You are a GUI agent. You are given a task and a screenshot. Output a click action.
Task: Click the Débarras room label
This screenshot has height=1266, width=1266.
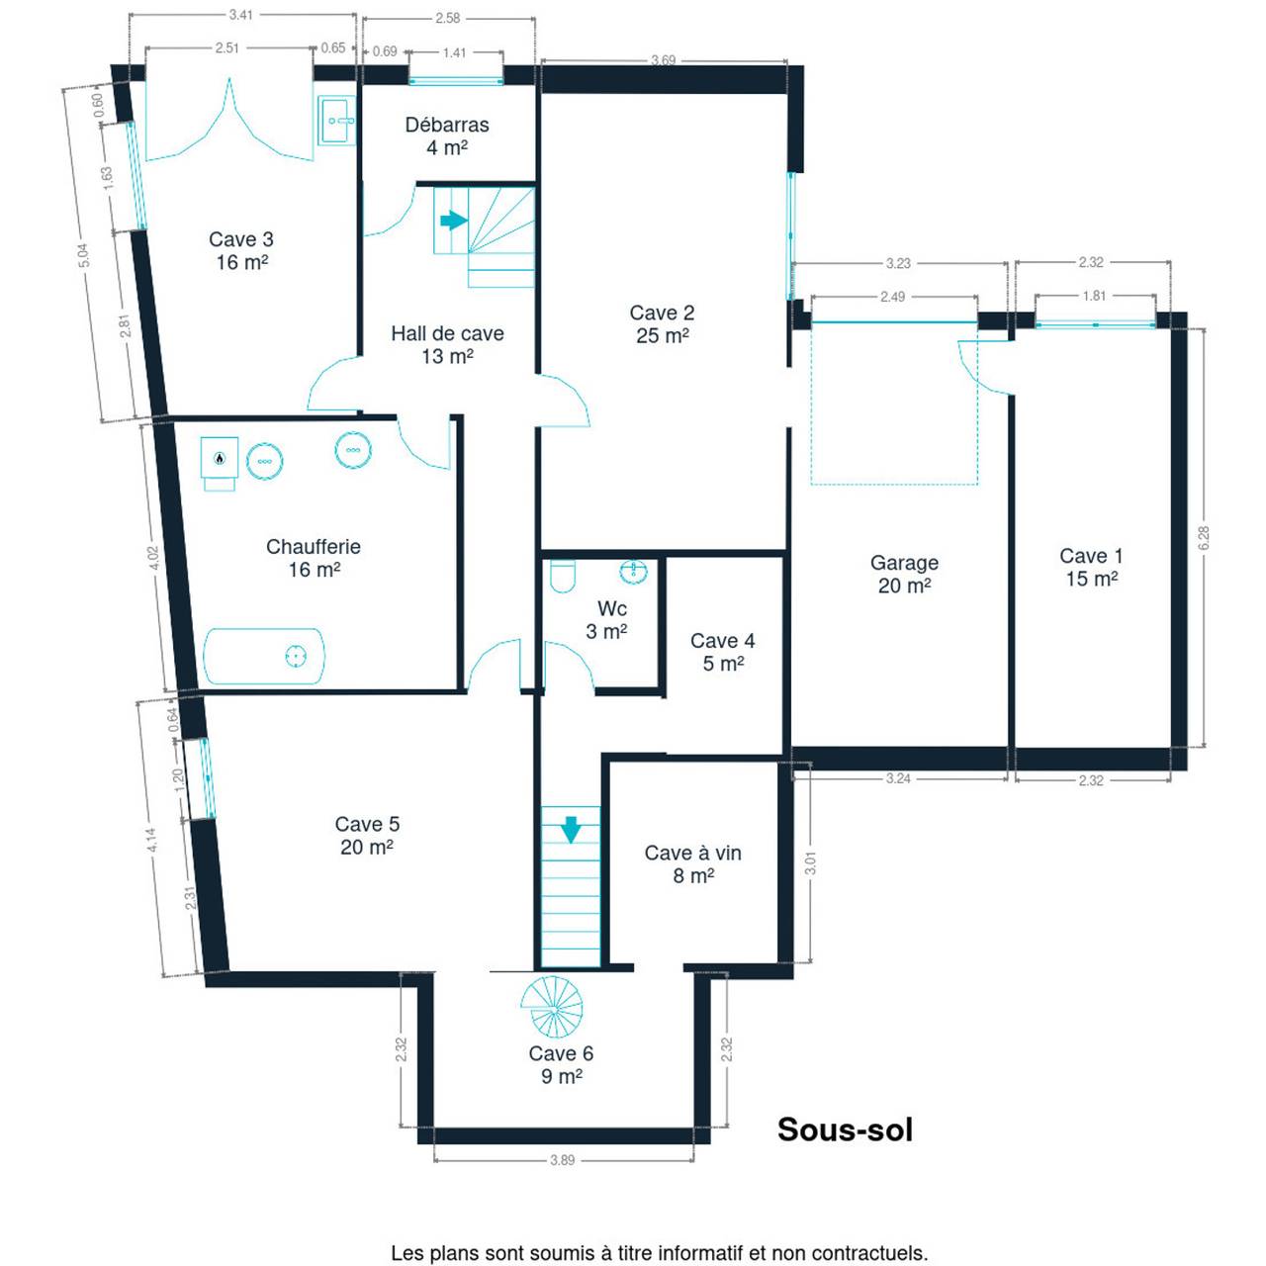pos(447,125)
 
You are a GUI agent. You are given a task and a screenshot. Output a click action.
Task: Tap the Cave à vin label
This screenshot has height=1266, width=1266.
pos(692,853)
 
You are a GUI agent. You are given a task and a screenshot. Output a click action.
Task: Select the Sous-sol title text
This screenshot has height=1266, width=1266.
pos(845,1130)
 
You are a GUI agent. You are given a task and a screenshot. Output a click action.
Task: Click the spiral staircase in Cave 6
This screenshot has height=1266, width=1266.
pos(552,1007)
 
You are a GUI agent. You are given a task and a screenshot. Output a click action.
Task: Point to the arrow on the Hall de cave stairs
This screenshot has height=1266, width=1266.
pos(453,221)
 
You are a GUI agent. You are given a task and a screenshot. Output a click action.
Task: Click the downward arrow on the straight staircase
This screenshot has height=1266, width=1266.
pos(571,830)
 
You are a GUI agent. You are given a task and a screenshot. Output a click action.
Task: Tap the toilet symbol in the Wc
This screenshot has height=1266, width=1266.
pos(563,576)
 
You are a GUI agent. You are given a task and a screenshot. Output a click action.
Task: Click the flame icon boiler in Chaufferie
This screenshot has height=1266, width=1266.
pos(220,463)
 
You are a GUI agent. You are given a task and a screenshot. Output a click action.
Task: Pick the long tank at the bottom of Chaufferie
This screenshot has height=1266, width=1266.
pos(264,657)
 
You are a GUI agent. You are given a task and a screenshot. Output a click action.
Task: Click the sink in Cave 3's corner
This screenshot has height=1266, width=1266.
pos(337,121)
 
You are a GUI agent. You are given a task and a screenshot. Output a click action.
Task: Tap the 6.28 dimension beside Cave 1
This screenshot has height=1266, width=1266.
pos(1204,538)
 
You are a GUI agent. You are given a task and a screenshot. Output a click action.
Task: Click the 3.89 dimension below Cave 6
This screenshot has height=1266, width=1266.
pos(563,1160)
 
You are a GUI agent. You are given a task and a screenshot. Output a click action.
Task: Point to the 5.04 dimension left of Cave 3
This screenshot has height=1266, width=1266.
pos(83,255)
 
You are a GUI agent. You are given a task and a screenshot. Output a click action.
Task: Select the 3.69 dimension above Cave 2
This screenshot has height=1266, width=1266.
pos(663,60)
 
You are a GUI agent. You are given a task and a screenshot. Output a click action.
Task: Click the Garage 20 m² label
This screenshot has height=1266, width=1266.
pos(904,574)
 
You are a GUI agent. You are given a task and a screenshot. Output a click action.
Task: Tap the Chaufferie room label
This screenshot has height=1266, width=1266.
pos(314,547)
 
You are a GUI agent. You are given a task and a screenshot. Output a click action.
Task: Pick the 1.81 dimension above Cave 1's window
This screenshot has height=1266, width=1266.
pos(1094,296)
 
